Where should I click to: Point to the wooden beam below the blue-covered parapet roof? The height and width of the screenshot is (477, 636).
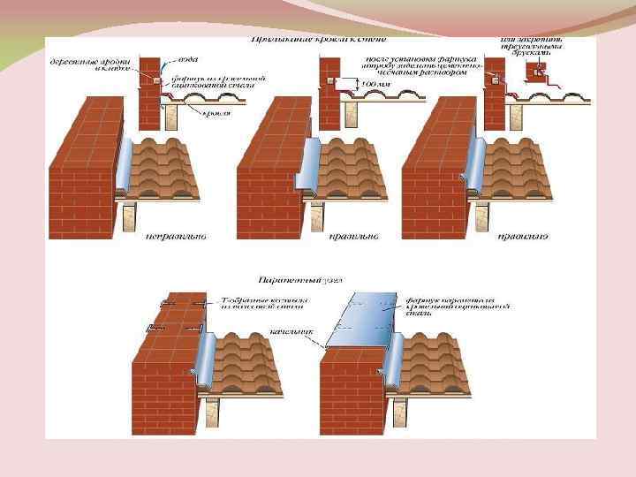(x=401, y=411)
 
